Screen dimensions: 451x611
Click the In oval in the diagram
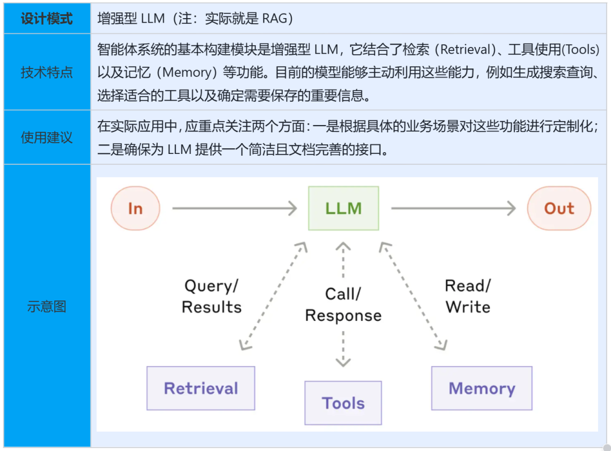135,208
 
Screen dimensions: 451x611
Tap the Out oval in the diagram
559,208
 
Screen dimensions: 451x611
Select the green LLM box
343,208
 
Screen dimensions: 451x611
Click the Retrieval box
201,388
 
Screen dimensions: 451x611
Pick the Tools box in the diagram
343,403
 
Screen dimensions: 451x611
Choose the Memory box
481,388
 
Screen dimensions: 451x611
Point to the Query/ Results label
212,297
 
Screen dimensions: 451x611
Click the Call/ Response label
343,304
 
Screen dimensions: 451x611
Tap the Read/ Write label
468,297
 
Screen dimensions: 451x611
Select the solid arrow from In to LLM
234,208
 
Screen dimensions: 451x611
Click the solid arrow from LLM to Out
453,208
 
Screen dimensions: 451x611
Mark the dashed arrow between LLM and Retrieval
273,297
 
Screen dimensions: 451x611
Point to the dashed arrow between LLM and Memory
414,297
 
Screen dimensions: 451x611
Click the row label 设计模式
47,19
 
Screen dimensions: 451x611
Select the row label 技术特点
47,72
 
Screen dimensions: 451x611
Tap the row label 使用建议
47,138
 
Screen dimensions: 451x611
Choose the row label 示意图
47,306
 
